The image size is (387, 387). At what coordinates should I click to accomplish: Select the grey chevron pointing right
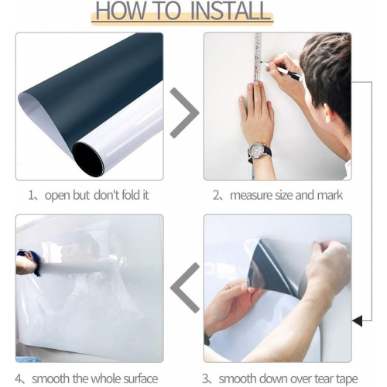click(185, 112)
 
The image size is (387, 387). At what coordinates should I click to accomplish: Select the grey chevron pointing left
click(185, 288)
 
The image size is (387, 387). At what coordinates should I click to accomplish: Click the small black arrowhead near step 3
click(358, 321)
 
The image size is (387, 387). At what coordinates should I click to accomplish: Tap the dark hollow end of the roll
click(88, 159)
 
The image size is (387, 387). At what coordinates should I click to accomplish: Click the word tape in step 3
click(347, 378)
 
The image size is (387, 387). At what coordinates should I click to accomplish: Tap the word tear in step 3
click(324, 378)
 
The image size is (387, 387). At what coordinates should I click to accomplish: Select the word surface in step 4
click(141, 378)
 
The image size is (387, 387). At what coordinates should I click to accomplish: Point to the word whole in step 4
click(106, 378)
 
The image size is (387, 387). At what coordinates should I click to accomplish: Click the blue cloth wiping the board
click(30, 261)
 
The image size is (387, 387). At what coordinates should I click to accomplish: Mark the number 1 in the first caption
click(31, 195)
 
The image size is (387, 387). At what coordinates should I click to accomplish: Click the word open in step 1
click(57, 196)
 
